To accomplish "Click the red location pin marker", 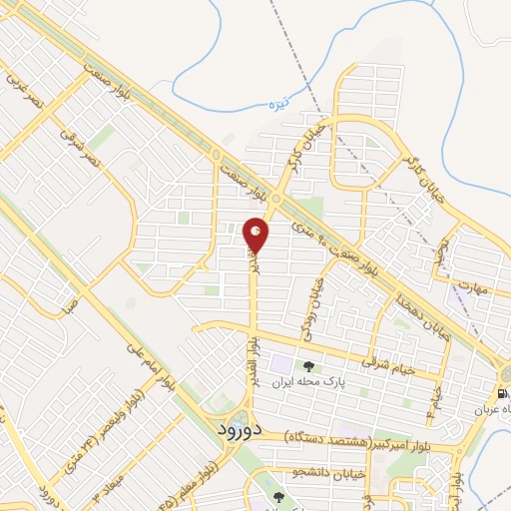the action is click(256, 236).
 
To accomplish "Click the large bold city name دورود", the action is click(238, 429).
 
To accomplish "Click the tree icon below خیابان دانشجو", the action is click(279, 497).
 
